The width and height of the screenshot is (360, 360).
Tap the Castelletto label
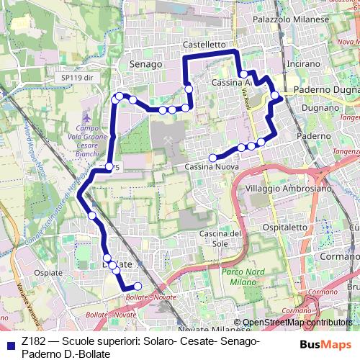205,44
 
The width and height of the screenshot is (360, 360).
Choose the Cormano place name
340,256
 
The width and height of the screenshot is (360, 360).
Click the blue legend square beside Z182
9,344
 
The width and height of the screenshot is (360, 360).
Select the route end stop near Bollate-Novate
138,286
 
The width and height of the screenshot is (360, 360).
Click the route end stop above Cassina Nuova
214,158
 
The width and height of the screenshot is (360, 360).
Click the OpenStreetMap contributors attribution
297,323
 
